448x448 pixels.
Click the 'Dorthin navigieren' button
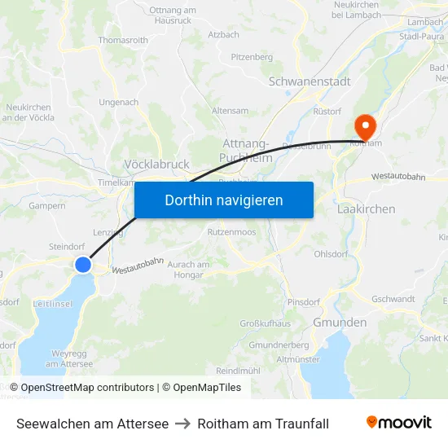point(223,200)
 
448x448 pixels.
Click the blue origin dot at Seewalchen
point(83,264)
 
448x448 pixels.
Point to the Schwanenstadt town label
point(309,81)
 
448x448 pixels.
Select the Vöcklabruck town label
point(156,164)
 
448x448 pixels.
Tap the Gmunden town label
point(340,322)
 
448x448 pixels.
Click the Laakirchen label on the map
point(366,209)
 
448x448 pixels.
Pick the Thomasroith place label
point(122,40)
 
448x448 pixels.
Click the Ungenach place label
point(118,103)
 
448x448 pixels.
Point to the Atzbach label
point(223,35)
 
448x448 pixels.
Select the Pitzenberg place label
point(252,57)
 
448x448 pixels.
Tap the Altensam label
point(230,111)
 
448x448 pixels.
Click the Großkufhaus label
point(265,323)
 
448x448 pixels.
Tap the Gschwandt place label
point(393,299)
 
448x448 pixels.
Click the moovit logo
point(398,423)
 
